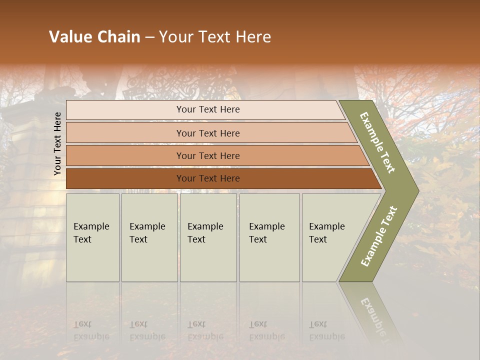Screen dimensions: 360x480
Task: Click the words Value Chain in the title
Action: pyautogui.click(x=94, y=37)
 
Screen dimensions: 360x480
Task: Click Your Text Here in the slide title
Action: pyautogui.click(x=215, y=37)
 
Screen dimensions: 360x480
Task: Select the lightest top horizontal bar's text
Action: pyautogui.click(x=208, y=109)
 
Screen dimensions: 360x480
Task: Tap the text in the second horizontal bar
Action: pyautogui.click(x=208, y=133)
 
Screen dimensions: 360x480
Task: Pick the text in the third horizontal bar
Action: pyautogui.click(x=208, y=156)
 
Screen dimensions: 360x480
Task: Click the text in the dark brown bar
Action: pyautogui.click(x=208, y=178)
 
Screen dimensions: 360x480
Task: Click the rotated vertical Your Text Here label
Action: pyautogui.click(x=57, y=143)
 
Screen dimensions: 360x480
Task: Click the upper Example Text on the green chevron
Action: pyautogui.click(x=378, y=142)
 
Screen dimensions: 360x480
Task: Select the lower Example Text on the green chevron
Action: pyautogui.click(x=379, y=236)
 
